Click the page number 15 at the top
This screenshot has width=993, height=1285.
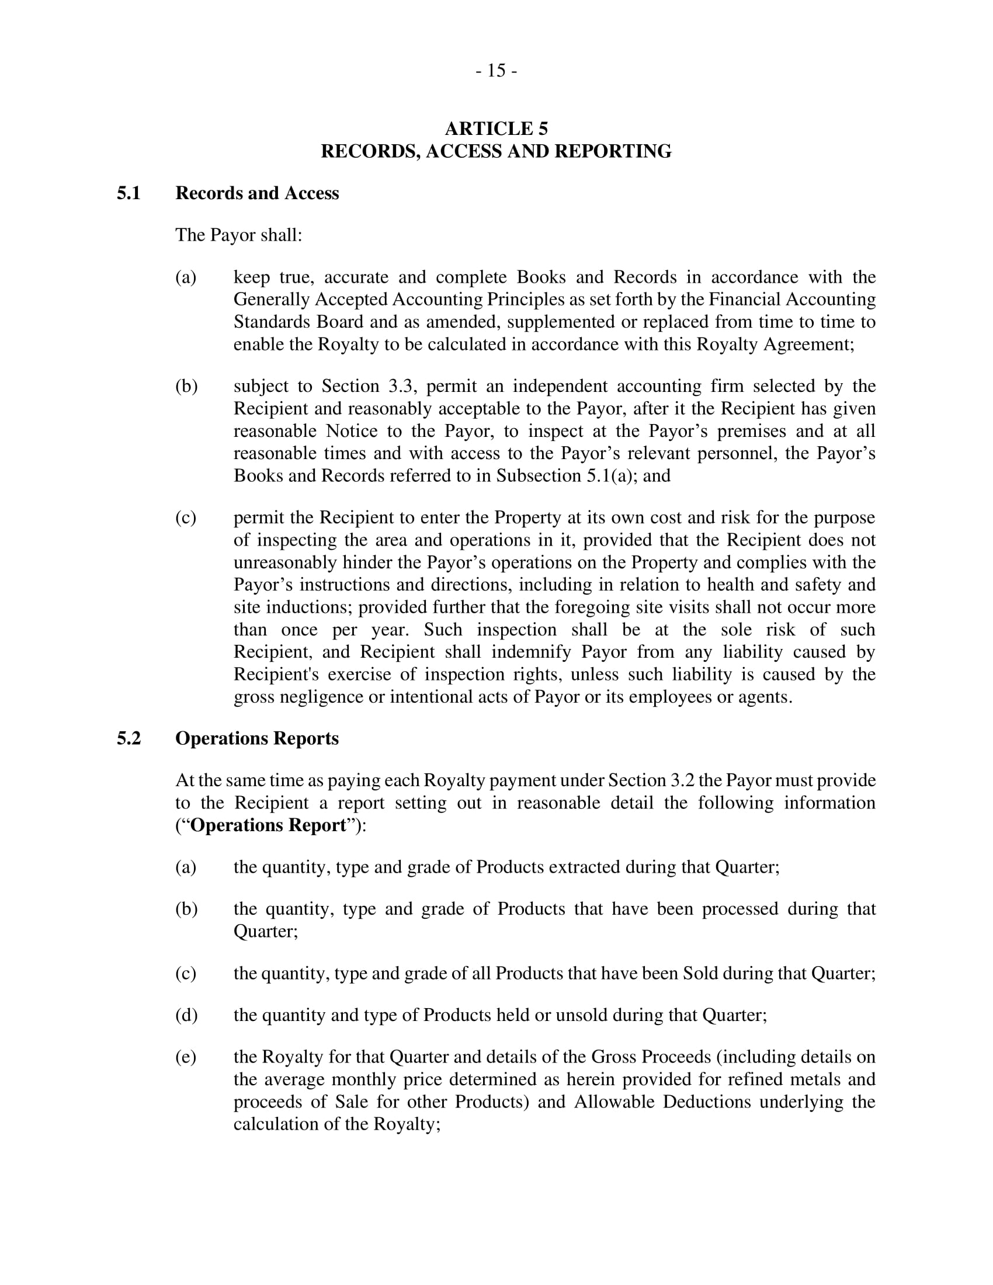[x=496, y=71]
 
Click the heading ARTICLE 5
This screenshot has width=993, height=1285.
[x=496, y=128]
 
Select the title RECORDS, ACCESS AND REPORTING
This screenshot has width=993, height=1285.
[x=496, y=151]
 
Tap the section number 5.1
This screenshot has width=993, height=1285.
[x=129, y=193]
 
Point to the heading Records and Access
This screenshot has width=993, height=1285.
[x=257, y=193]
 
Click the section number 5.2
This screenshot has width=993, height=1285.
[x=129, y=738]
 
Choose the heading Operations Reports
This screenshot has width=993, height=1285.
[x=257, y=738]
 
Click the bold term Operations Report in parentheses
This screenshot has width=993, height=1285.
[x=269, y=825]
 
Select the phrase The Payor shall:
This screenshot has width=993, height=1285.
[x=239, y=235]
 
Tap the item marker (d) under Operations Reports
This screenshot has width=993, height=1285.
[x=186, y=1015]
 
